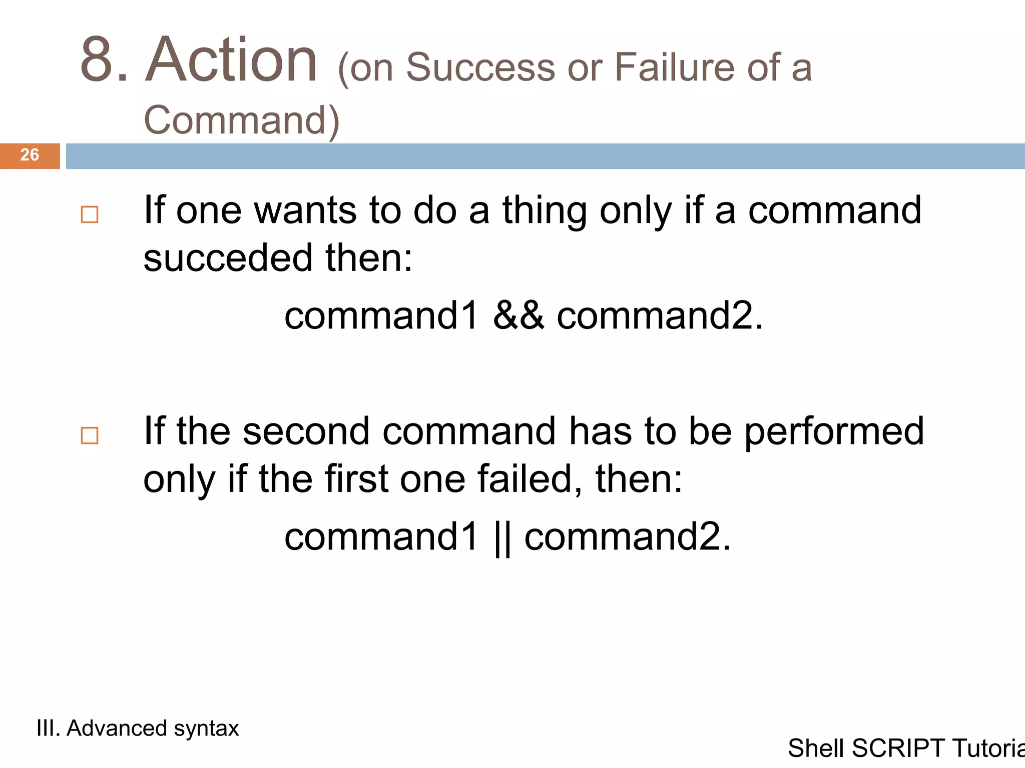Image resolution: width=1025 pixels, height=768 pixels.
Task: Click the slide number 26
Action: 30,155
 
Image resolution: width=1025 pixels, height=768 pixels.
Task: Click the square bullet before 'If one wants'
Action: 90,214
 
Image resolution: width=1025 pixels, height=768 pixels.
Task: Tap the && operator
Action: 518,315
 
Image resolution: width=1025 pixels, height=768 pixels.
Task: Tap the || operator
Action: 502,537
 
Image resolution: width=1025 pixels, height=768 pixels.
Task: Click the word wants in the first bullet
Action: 305,210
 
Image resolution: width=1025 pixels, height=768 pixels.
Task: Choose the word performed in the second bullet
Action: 834,432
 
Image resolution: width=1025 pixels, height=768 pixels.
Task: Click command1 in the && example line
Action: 382,316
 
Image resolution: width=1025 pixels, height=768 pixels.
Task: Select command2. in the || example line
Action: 628,536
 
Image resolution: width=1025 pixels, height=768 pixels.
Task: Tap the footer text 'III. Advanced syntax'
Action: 138,728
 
